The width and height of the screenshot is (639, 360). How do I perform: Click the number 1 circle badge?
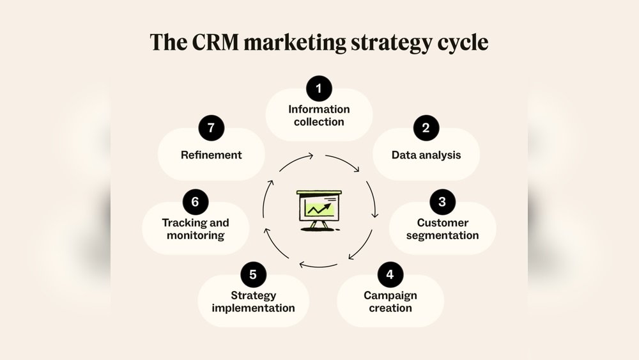319,88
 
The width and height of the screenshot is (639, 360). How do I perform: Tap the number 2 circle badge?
426,128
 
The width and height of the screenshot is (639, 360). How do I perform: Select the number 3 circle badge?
442,202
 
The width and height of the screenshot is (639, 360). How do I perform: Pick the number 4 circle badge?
390,275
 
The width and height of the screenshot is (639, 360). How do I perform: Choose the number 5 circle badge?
253,275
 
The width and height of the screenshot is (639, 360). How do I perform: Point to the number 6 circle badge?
195,202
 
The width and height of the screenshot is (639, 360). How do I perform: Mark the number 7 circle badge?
211,128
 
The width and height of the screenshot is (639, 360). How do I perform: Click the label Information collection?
319,115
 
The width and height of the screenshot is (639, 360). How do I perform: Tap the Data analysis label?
426,155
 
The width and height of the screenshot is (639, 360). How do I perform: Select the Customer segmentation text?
443,229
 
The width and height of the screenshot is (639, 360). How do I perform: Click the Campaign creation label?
390,301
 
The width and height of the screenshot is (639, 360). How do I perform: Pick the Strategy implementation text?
253,301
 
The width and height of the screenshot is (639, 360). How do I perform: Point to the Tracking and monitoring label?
195,229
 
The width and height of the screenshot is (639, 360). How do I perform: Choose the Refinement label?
211,155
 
